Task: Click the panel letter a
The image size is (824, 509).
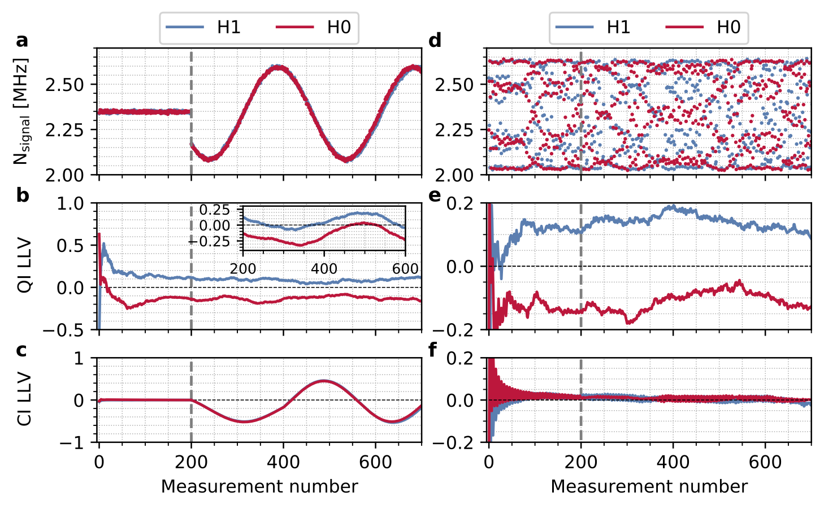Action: pos(22,41)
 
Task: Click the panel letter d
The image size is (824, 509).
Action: pos(435,41)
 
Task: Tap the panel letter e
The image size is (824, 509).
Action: pos(435,195)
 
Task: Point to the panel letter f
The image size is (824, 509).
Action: pos(433,350)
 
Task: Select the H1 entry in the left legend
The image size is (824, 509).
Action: pos(204,27)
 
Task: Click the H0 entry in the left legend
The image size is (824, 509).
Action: pos(314,27)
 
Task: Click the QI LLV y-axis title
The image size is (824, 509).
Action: pos(24,266)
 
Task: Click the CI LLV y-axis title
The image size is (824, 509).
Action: pos(24,399)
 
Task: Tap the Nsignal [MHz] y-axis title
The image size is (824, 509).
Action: pos(21,111)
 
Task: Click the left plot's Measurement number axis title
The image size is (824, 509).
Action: pos(259,486)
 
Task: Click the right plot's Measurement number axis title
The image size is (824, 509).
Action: pos(649,486)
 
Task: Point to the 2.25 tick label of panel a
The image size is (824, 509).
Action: pos(64,130)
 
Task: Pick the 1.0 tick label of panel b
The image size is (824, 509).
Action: pos(71,203)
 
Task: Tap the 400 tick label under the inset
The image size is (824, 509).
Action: pos(324,269)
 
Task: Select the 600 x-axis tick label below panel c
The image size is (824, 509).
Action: pos(375,462)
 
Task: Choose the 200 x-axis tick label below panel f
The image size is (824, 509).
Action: pos(581,462)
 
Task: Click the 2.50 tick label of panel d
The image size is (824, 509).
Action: pos(454,85)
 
